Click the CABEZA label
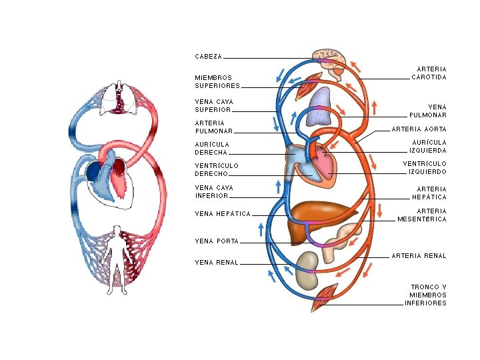click(209, 57)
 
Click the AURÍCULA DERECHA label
click(212, 148)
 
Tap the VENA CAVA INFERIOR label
click(213, 192)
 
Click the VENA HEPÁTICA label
click(223, 214)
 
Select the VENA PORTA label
click(217, 241)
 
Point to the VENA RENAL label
click(216, 263)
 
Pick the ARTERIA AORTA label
click(419, 129)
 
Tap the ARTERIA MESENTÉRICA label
click(422, 215)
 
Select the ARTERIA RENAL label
click(419, 256)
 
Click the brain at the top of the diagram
click(329, 59)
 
